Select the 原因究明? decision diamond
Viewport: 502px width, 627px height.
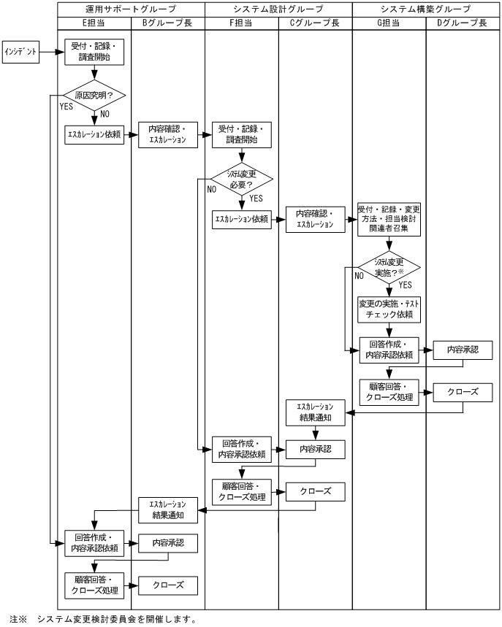point(94,96)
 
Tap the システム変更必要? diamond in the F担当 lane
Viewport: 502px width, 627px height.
point(241,178)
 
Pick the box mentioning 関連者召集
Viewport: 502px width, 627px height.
point(388,219)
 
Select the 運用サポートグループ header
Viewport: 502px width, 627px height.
point(132,9)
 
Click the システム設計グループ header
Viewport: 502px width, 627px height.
point(278,9)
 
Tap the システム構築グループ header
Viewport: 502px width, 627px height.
point(425,9)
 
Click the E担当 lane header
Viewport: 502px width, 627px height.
point(94,23)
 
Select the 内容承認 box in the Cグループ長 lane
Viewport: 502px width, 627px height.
point(315,449)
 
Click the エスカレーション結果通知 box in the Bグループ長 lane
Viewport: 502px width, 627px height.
point(169,509)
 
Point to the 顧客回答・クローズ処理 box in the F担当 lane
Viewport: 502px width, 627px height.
point(241,491)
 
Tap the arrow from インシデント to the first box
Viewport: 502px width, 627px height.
point(48,53)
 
